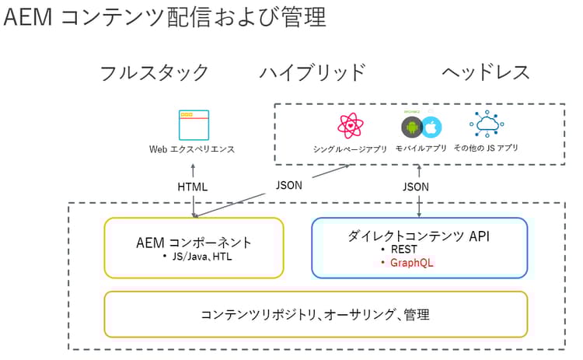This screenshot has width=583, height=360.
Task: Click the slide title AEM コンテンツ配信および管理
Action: pyautogui.click(x=165, y=18)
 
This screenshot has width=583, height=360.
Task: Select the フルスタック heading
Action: pyautogui.click(x=154, y=72)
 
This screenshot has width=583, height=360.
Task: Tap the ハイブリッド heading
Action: pyautogui.click(x=312, y=72)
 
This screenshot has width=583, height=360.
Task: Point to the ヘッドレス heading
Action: pyautogui.click(x=486, y=72)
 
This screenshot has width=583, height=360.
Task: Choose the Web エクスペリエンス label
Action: pyautogui.click(x=192, y=149)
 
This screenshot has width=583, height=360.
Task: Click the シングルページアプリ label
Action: pyautogui.click(x=350, y=149)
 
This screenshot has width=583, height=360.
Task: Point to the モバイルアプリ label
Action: pyautogui.click(x=421, y=148)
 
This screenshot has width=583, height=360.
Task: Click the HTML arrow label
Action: pyautogui.click(x=193, y=187)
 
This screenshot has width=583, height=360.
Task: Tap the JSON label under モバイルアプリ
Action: pyautogui.click(x=415, y=187)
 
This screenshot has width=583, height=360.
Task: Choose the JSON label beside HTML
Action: pyautogui.click(x=288, y=186)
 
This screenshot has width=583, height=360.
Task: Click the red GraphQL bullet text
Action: pyautogui.click(x=411, y=263)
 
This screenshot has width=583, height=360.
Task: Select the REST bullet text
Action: pyautogui.click(x=404, y=250)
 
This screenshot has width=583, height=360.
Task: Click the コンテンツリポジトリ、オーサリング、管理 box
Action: pyautogui.click(x=315, y=315)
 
